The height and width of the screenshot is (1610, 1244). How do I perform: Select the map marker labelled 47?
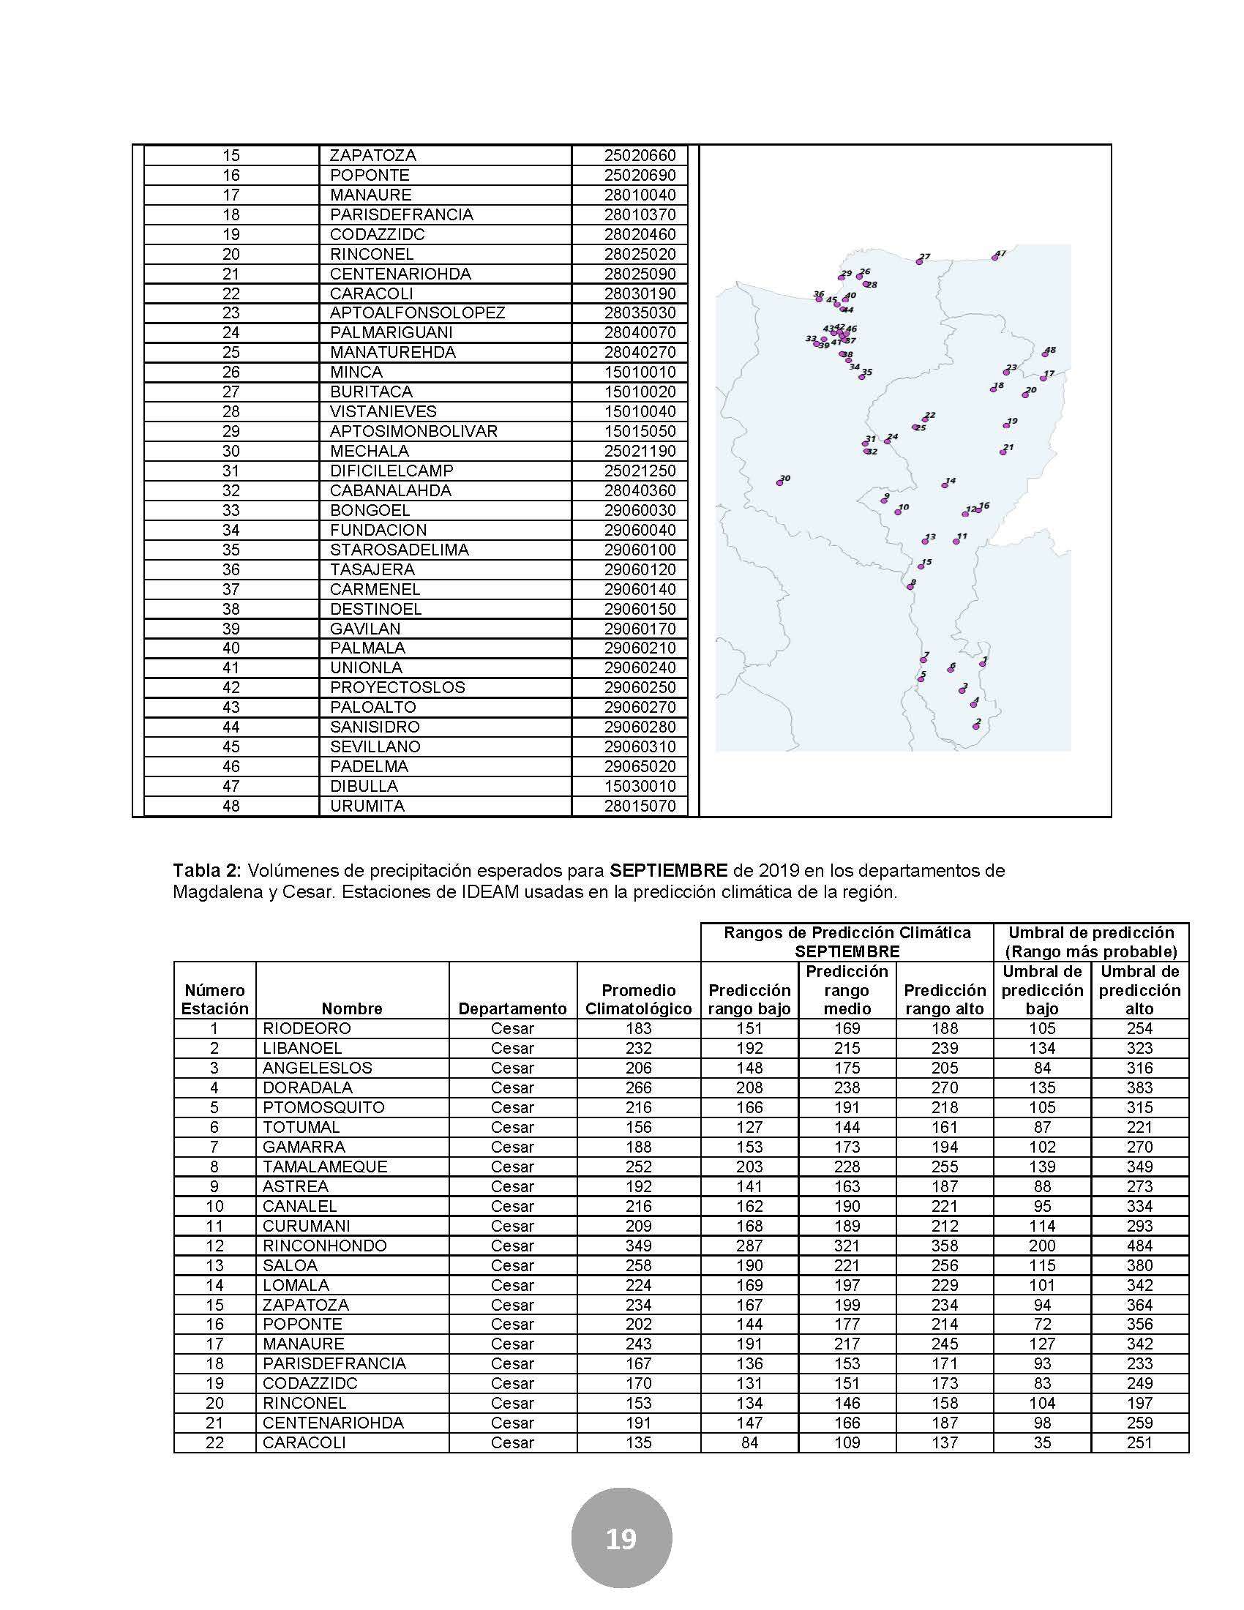point(995,258)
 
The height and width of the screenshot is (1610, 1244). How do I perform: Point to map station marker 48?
point(1045,353)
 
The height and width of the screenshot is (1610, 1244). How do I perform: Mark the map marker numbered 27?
point(919,261)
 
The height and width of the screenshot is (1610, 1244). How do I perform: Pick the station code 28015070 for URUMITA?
point(640,806)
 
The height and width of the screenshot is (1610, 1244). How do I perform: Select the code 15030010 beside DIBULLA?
point(640,786)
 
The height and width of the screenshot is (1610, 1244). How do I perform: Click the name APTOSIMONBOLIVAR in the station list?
point(413,431)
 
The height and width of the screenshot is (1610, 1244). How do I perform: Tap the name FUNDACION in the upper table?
point(378,530)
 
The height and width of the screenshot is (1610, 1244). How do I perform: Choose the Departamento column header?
point(512,1008)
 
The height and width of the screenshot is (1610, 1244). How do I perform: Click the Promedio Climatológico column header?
point(638,999)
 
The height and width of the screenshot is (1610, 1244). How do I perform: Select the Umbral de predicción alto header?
point(1139,990)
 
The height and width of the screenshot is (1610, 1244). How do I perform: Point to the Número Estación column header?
point(214,999)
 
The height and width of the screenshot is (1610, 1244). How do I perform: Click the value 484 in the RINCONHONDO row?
point(1139,1246)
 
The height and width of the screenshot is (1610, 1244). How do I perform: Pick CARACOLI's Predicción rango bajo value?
point(749,1442)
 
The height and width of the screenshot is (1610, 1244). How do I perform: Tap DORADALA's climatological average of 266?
point(638,1087)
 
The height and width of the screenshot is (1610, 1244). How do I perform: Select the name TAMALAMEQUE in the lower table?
point(325,1167)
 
